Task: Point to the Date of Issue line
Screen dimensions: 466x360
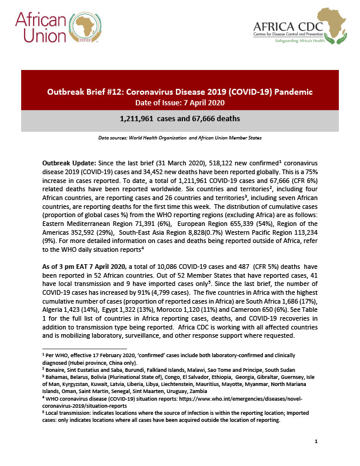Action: click(x=180, y=103)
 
